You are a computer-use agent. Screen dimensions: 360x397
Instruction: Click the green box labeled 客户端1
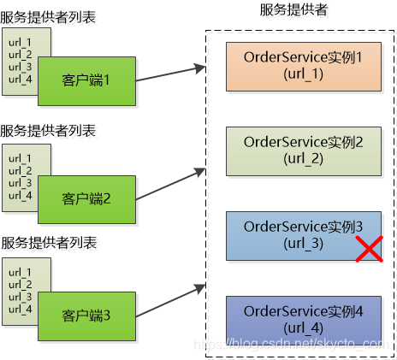coord(86,80)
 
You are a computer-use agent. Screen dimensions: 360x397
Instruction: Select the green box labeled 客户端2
coord(86,199)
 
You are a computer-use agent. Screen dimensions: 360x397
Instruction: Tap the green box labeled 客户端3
coord(86,316)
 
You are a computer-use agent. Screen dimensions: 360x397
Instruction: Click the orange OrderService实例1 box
coord(304,65)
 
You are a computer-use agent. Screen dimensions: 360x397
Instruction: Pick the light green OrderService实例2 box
coord(304,150)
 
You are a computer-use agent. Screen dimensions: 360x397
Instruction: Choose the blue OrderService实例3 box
coord(304,234)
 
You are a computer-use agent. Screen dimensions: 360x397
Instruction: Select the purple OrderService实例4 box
coord(304,319)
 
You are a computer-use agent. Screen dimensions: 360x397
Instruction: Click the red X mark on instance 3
coord(368,249)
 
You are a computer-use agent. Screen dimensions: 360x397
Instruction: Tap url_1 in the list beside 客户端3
coord(20,273)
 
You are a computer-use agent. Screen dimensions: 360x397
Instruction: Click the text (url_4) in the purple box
coord(304,328)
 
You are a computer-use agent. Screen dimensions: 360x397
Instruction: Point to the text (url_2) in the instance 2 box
coord(304,158)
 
